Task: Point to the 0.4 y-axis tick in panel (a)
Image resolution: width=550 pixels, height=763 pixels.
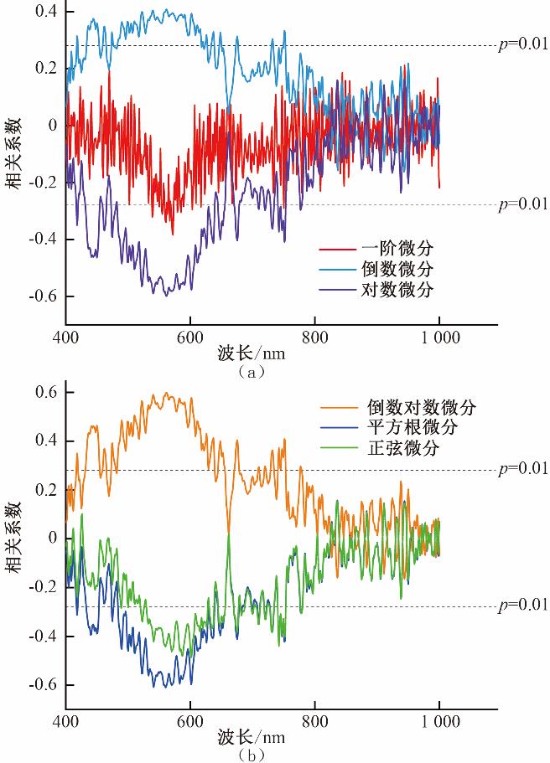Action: click(x=45, y=12)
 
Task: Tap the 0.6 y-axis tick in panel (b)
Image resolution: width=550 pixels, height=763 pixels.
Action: click(x=45, y=392)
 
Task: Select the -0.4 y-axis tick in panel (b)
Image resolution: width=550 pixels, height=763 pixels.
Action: click(x=43, y=637)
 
